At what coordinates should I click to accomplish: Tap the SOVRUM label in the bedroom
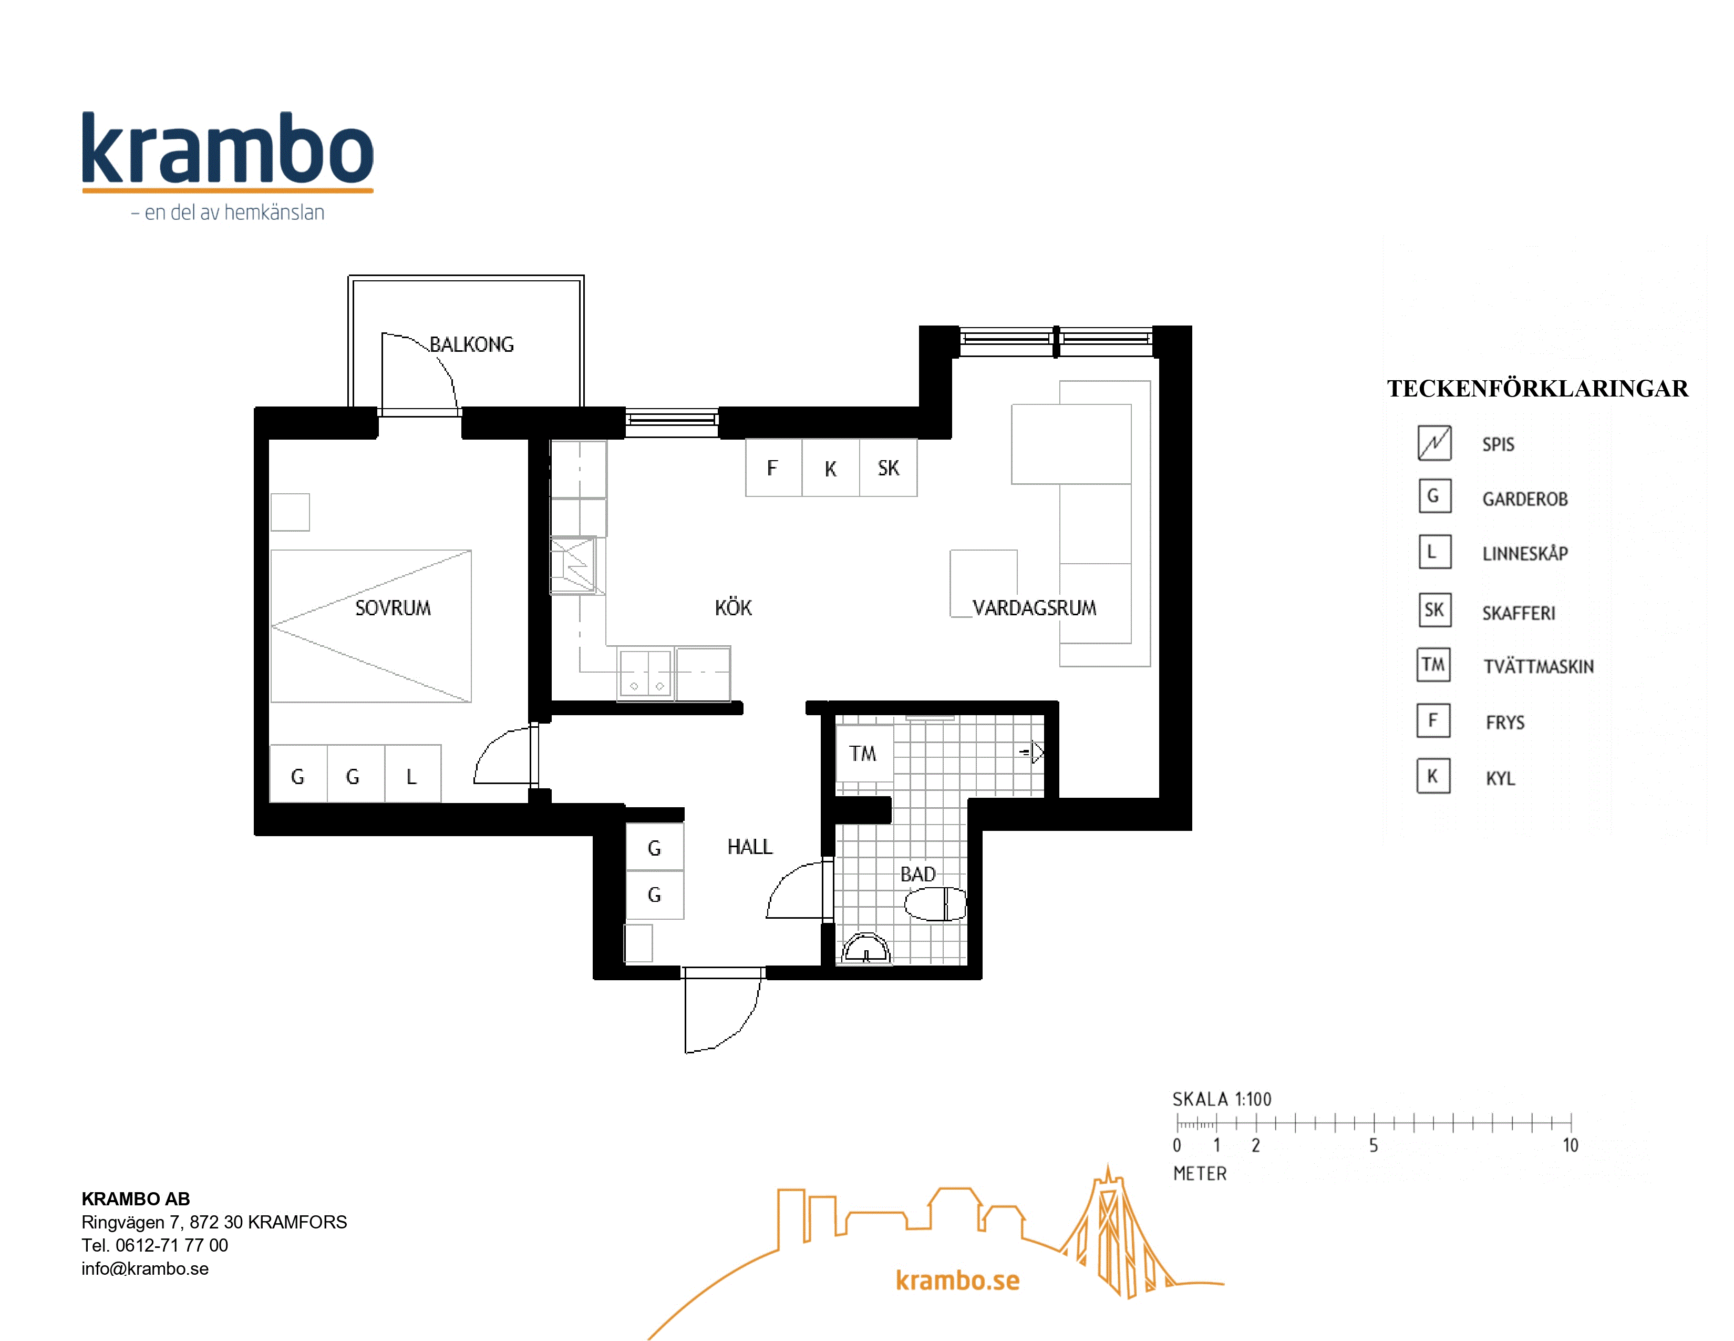point(393,608)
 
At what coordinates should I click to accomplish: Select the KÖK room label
point(733,608)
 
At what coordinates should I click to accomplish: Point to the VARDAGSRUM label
point(1035,608)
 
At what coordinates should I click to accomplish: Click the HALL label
point(749,847)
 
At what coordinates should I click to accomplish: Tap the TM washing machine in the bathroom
point(864,753)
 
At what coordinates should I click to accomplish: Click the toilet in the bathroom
point(936,904)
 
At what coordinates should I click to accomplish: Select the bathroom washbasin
point(866,948)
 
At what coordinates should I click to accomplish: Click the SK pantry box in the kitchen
point(889,468)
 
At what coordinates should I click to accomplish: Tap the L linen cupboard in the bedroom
point(412,774)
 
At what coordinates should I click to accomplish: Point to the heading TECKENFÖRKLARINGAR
point(1538,389)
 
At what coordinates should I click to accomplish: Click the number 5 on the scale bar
point(1374,1145)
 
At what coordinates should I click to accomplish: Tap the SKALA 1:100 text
point(1222,1100)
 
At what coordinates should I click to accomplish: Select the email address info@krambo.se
point(146,1269)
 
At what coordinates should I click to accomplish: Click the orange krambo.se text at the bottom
point(957,1281)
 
